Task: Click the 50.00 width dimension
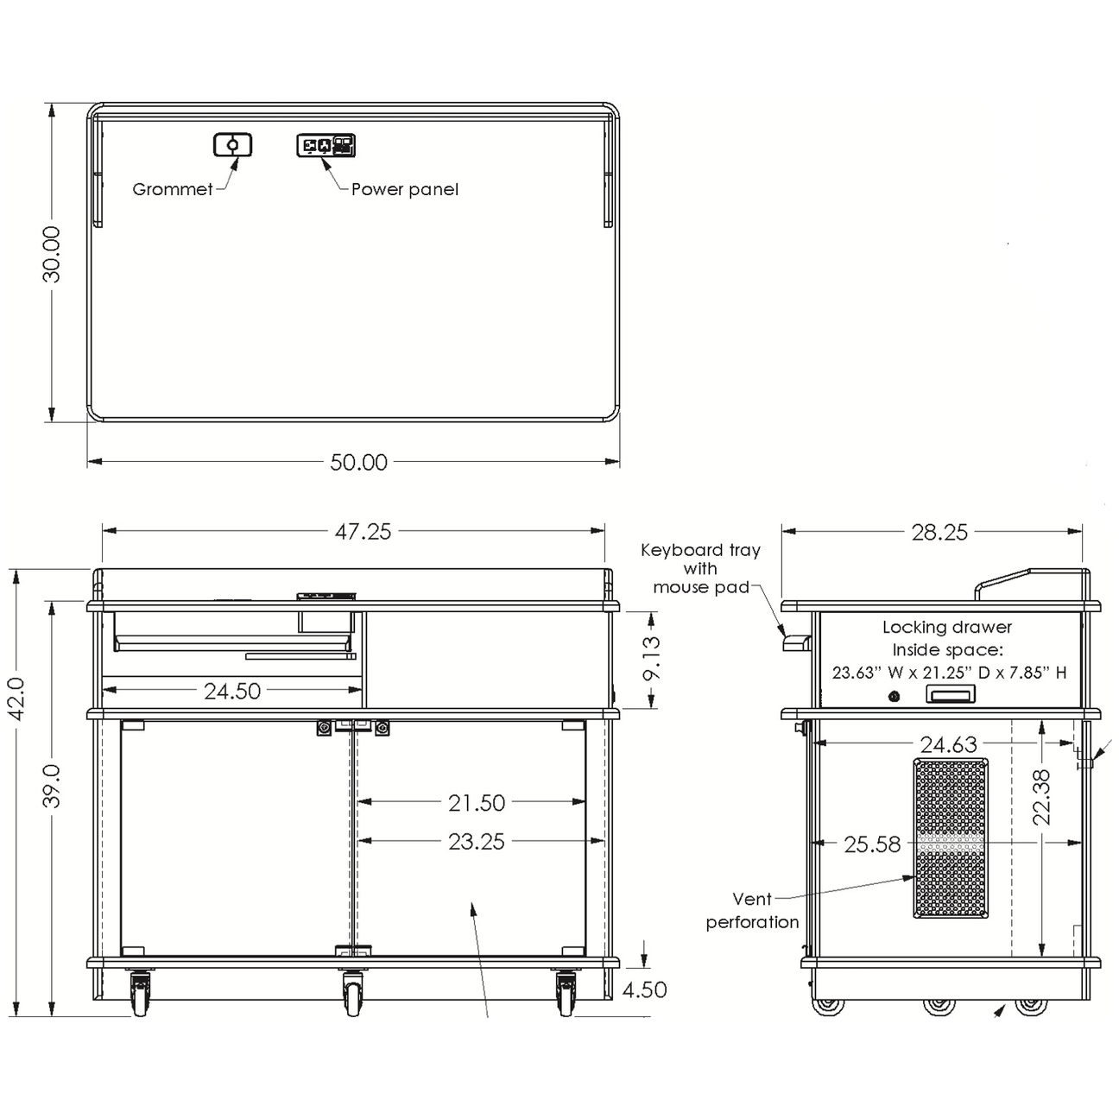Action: [x=359, y=463]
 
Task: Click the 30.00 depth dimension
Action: [x=52, y=254]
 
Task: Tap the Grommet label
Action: [x=172, y=189]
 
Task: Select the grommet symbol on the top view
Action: [x=233, y=144]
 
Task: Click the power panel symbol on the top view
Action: [x=326, y=145]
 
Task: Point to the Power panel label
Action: [x=404, y=189]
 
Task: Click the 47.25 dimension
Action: [x=363, y=532]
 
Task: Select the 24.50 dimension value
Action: [x=231, y=691]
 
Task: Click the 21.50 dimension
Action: [x=476, y=803]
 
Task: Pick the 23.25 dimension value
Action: [x=476, y=841]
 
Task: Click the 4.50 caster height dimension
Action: [x=644, y=989]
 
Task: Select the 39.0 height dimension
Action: [x=52, y=786]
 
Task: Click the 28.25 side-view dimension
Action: [x=939, y=533]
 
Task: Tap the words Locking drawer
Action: [x=946, y=628]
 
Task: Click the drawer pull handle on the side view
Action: [x=950, y=694]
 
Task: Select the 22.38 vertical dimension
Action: [x=1042, y=796]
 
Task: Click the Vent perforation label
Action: [x=752, y=911]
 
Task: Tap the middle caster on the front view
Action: [x=352, y=993]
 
